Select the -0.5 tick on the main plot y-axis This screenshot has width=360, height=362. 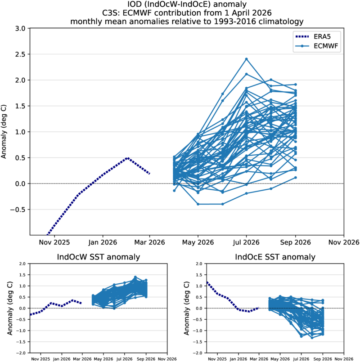tap(20, 210)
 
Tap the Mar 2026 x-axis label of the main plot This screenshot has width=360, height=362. tap(150, 242)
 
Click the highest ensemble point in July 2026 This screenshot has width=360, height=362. tap(247, 59)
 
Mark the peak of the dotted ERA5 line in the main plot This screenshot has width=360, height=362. tap(128, 158)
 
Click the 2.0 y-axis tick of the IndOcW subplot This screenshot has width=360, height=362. tap(22, 264)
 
